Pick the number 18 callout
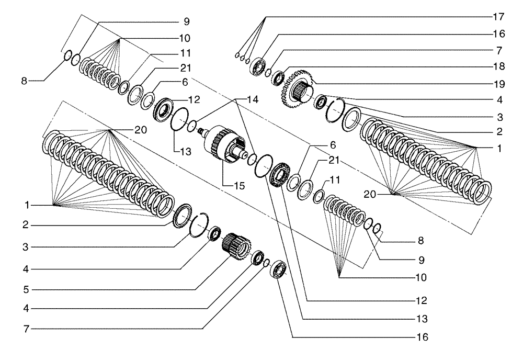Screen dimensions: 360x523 [499, 67]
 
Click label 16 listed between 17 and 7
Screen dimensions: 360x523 [499, 34]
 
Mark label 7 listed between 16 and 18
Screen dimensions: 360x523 [499, 50]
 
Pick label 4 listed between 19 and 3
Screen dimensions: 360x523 [499, 99]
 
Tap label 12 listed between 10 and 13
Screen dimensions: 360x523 [423, 301]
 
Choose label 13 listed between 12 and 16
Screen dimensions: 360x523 [423, 318]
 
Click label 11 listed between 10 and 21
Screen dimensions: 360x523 [186, 53]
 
